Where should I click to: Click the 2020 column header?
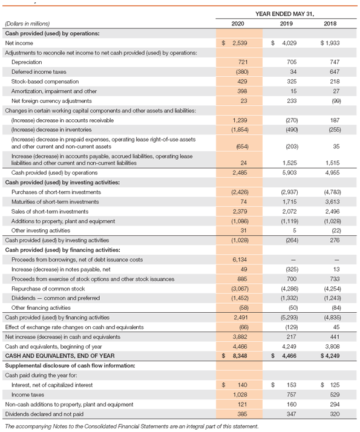tap(238, 24)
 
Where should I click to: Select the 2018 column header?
tap(330, 24)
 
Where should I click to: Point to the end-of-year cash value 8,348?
tap(241, 355)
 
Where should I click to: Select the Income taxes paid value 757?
tap(287, 393)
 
